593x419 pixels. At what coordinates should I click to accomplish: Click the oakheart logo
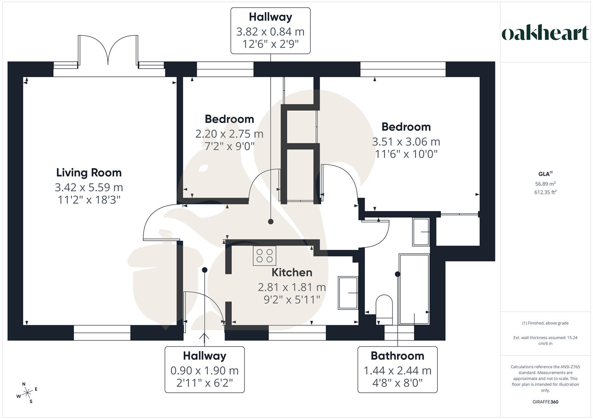[x=545, y=33]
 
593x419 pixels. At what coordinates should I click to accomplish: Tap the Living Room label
[x=89, y=173]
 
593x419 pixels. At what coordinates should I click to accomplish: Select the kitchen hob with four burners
[x=264, y=256]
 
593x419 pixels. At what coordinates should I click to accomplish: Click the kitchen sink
[x=348, y=293]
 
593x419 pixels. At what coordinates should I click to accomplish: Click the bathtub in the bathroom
[x=414, y=289]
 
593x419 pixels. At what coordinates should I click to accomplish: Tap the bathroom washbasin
[x=421, y=232]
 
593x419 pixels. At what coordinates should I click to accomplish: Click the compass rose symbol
[x=27, y=393]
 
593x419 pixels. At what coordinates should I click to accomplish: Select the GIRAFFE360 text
[x=545, y=402]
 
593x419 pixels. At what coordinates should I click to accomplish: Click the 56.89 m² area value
[x=545, y=184]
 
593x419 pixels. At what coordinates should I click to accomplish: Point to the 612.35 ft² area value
[x=545, y=192]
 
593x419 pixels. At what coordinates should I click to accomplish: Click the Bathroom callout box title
[x=397, y=356]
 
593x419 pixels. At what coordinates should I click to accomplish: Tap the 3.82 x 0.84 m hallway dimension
[x=270, y=31]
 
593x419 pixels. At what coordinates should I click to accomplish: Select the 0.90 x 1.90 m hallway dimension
[x=204, y=371]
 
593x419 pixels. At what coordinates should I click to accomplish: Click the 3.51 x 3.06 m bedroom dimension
[x=406, y=142]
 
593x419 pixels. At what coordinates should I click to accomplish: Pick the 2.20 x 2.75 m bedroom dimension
[x=229, y=134]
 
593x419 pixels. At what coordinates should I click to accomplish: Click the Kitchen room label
[x=292, y=272]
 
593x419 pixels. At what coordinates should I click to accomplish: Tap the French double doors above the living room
[x=108, y=50]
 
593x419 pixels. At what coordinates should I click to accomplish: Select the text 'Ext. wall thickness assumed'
[x=545, y=338]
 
